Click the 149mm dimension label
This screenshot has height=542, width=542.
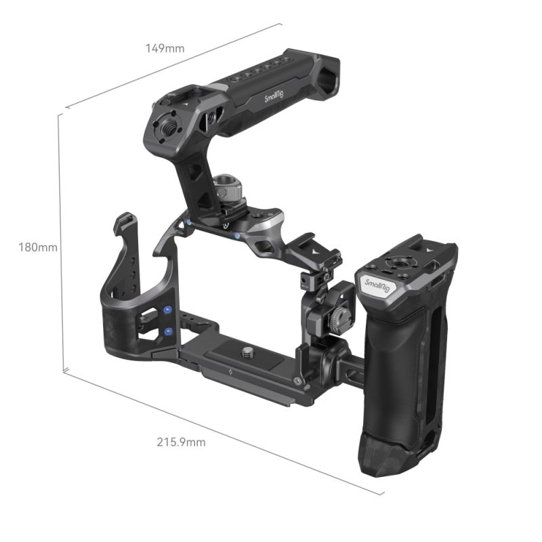pyautogui.click(x=165, y=48)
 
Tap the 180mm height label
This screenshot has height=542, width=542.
pyautogui.click(x=38, y=247)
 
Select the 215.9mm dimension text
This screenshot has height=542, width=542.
pyautogui.click(x=181, y=442)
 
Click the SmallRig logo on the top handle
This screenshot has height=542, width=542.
pyautogui.click(x=280, y=98)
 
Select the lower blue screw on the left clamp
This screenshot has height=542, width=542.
pyautogui.click(x=167, y=332)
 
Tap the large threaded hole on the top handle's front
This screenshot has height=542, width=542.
pyautogui.click(x=167, y=126)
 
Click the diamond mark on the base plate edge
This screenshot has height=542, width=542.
pyautogui.click(x=232, y=372)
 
